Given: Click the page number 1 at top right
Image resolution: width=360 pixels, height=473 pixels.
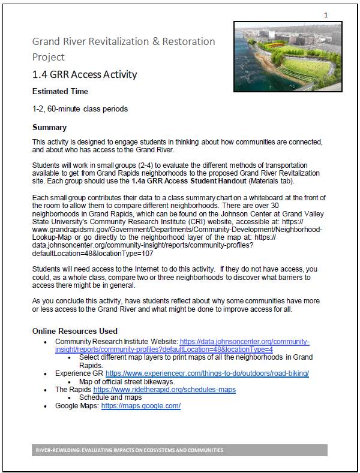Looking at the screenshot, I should (325, 14).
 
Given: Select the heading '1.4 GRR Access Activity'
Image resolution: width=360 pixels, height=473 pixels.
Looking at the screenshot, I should (85, 75).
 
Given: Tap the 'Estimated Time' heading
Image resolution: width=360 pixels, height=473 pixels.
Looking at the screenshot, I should (60, 92).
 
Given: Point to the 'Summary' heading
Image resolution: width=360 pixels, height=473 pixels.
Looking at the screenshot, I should (49, 128).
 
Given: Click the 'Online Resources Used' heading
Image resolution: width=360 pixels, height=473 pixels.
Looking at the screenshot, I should (75, 331).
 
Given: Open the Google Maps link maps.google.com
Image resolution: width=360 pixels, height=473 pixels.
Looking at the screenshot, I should (141, 406).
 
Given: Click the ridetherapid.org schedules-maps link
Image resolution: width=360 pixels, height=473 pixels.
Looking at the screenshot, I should (164, 390).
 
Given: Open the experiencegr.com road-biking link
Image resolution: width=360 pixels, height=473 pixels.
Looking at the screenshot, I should (207, 373).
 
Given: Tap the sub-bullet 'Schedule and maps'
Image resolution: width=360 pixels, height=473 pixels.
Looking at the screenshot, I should (110, 397).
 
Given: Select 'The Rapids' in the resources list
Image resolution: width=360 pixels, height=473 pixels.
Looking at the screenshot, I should (73, 390).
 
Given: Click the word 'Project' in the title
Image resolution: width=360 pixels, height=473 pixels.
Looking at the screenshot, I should (48, 58).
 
